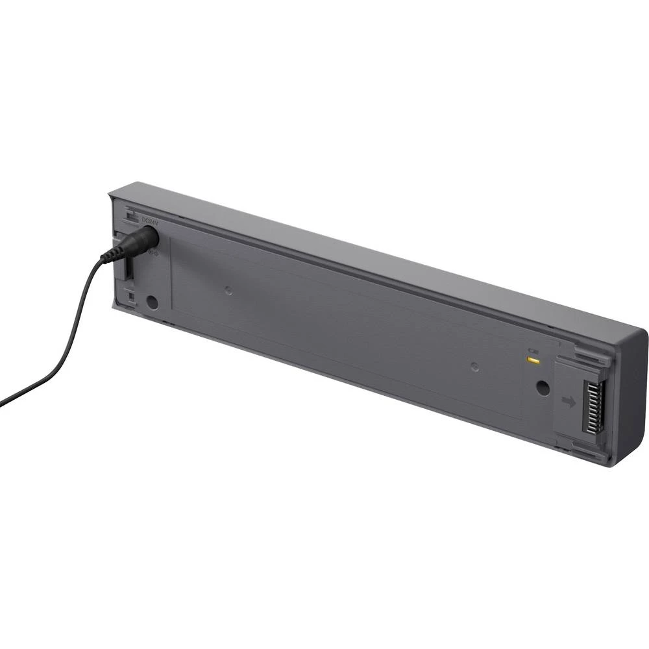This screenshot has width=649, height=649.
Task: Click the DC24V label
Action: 150,221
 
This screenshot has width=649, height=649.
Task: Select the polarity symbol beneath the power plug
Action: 154,252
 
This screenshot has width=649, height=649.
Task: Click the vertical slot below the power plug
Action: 130,267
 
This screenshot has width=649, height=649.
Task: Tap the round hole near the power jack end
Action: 153,302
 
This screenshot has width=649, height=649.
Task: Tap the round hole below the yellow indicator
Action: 541,387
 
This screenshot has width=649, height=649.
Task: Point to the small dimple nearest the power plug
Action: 228,290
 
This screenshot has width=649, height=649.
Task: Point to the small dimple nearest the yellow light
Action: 474,367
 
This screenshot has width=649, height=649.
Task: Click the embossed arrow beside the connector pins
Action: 569,402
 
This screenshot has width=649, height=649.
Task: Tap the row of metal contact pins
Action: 593,409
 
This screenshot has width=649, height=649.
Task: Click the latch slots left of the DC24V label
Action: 130,214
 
